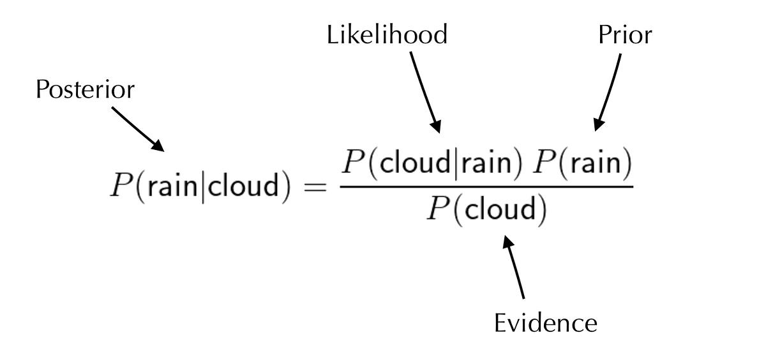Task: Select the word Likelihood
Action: click(387, 36)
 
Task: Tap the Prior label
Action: click(626, 36)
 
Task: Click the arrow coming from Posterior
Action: click(139, 130)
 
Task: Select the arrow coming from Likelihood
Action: click(424, 89)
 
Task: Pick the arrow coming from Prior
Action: click(608, 89)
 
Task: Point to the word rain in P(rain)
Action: click(596, 165)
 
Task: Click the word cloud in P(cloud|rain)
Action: click(398, 165)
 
